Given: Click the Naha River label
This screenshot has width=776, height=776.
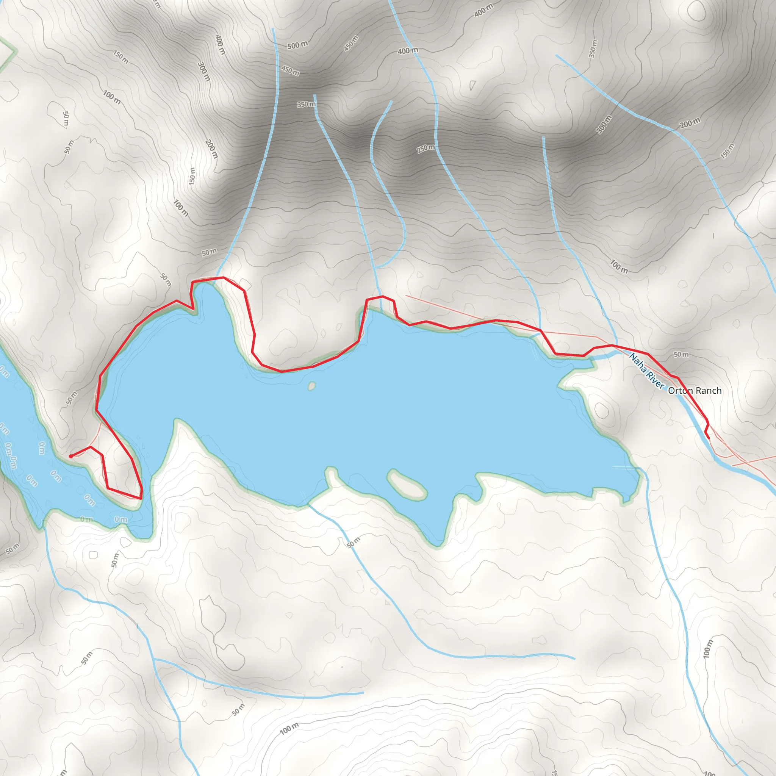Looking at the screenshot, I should coord(647,371).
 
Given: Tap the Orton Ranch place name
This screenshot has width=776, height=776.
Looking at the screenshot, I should coord(695,390).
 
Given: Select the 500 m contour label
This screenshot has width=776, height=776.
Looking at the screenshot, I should coord(297,45).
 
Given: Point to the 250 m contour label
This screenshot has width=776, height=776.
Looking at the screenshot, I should coord(426,149).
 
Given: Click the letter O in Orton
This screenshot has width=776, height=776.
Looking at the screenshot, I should coord(672,390).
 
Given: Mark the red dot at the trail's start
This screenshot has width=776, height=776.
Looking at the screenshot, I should coord(71,456).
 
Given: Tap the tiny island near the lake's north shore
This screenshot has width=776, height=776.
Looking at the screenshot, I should coord(312,386).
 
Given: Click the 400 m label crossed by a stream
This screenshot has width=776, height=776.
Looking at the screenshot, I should coord(408,51).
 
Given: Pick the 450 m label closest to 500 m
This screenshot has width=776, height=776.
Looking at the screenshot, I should coord(290,71).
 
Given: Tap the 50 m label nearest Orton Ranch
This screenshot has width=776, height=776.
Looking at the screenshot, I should coord(681,354).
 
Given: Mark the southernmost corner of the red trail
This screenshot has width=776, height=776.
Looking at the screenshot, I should coord(140,498).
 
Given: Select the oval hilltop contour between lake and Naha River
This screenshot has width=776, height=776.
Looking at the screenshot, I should coord(601,410).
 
